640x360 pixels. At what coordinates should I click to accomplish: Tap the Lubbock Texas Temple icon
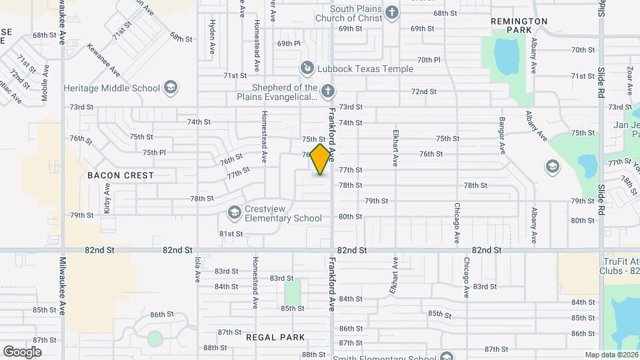[307, 68]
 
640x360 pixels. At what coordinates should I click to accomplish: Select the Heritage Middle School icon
[171, 88]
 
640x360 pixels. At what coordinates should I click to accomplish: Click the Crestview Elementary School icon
[233, 213]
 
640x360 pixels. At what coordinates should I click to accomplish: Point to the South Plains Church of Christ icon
[392, 13]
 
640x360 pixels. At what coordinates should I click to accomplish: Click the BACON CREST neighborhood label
[121, 175]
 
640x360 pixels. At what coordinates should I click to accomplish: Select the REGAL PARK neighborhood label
[275, 337]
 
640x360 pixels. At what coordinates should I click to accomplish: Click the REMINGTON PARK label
[519, 25]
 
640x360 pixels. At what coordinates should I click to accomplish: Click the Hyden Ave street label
[213, 37]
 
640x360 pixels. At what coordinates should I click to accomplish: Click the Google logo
[22, 351]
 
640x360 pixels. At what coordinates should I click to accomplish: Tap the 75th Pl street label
[153, 152]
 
